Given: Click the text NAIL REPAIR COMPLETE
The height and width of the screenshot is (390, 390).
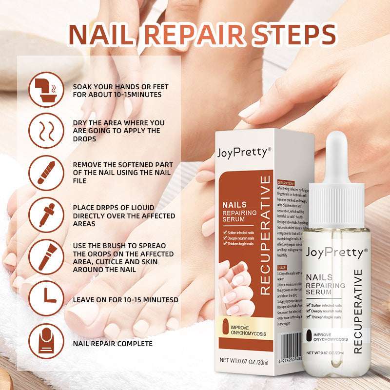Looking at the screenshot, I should click(113, 344).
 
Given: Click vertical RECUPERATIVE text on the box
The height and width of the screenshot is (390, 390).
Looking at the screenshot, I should click(265, 235).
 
